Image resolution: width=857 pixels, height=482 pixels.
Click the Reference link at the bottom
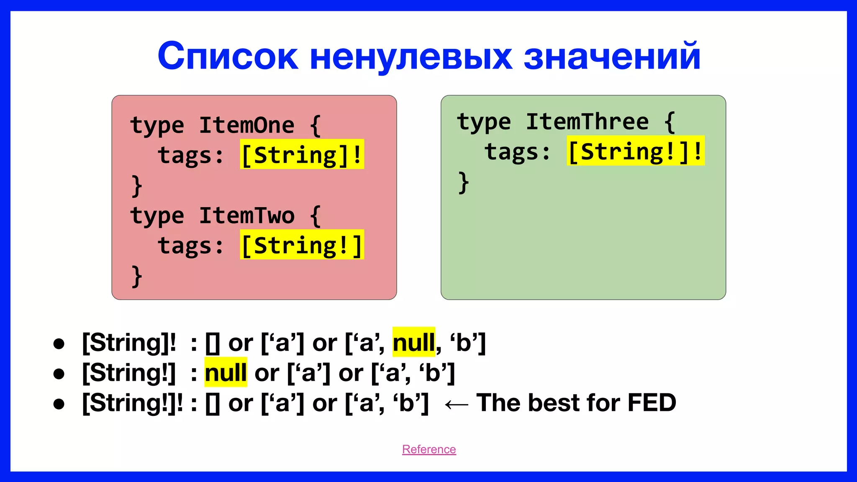coord(429,449)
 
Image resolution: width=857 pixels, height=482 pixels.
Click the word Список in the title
coord(228,56)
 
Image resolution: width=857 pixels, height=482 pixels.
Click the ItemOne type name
coord(246,125)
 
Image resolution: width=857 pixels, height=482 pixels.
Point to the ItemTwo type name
coord(246,215)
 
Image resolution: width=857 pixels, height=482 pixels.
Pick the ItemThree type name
coord(587,122)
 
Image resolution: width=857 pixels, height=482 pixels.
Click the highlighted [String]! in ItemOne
coord(302,154)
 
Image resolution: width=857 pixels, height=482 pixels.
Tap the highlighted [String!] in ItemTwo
coord(302,245)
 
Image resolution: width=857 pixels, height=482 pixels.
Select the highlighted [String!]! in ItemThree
coord(635,151)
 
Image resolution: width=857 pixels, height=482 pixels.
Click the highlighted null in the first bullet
coord(413,342)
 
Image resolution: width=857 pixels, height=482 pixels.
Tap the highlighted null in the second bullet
coord(226,372)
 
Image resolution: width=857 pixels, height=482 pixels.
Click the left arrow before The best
coord(456,404)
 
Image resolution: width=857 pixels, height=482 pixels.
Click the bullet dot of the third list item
coord(59,404)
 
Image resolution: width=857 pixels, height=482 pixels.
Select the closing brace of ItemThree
coord(463,182)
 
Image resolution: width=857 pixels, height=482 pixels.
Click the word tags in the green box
coord(512,151)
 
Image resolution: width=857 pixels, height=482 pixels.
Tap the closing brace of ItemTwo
coord(136,276)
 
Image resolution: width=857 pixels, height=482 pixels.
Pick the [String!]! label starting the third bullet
coord(132,403)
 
